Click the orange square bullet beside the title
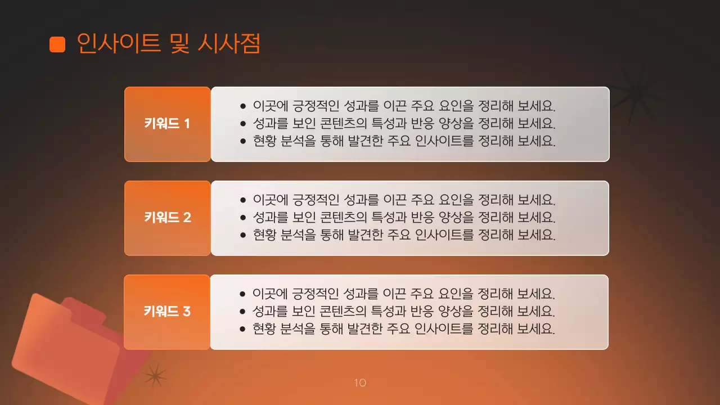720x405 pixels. [57, 44]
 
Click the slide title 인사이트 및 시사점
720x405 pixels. [168, 43]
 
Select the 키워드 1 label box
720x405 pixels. [168, 124]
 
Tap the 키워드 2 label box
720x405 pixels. [168, 218]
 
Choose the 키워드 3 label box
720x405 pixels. [168, 312]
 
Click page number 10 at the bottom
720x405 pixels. [360, 383]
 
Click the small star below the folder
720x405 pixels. [155, 376]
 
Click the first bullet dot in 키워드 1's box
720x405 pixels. [243, 106]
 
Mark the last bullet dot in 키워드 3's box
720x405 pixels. [243, 329]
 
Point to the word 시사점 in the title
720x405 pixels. [229, 43]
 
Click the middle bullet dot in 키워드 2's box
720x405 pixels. [243, 218]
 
